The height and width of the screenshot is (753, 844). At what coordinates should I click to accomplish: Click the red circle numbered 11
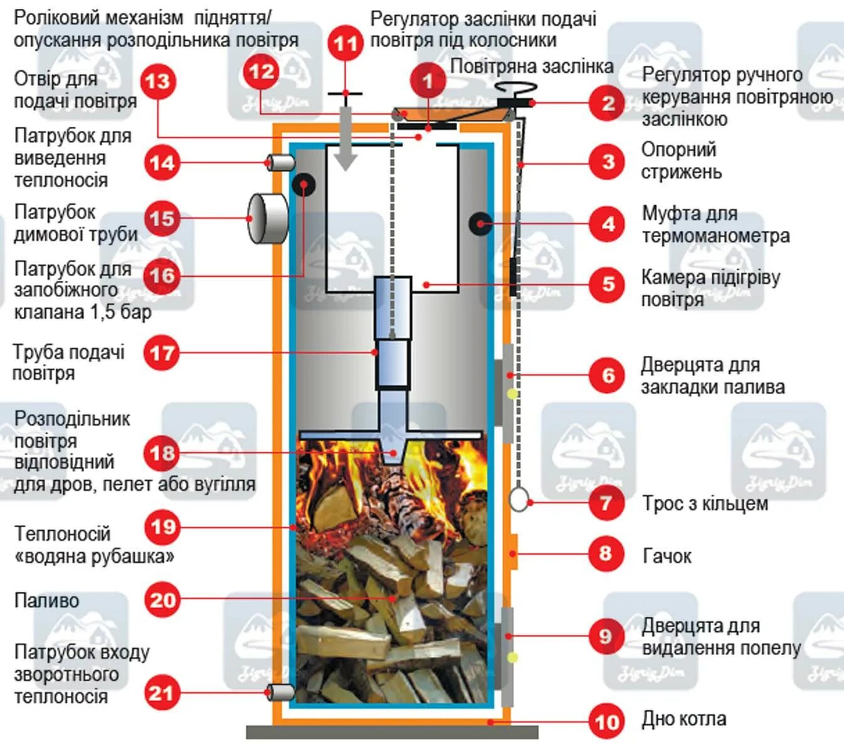[x=345, y=43]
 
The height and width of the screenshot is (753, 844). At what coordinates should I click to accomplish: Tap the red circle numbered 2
[x=607, y=103]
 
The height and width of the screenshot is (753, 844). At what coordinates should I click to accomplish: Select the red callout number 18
[x=162, y=453]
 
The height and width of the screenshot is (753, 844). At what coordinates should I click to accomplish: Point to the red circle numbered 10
[x=606, y=722]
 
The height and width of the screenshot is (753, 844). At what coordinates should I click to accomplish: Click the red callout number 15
[x=162, y=218]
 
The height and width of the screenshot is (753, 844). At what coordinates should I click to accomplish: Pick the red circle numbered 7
[x=606, y=503]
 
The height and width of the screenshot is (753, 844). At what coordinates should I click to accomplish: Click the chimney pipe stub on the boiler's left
[x=267, y=218]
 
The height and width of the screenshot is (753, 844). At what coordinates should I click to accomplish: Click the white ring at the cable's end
[x=519, y=499]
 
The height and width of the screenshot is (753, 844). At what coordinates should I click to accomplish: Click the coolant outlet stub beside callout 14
[x=281, y=163]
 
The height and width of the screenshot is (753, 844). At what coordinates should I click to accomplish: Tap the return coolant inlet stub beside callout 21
[x=281, y=692]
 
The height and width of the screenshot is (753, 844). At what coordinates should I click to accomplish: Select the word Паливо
[x=47, y=601]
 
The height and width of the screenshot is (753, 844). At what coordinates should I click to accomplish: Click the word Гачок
[x=667, y=556]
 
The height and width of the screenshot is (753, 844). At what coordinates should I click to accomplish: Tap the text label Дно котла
[x=683, y=719]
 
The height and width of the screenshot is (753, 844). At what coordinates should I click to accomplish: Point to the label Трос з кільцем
[x=705, y=503]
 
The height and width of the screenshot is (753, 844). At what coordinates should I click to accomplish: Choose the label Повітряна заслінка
[x=531, y=67]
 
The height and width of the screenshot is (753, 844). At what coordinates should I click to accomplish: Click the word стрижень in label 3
[x=681, y=172]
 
